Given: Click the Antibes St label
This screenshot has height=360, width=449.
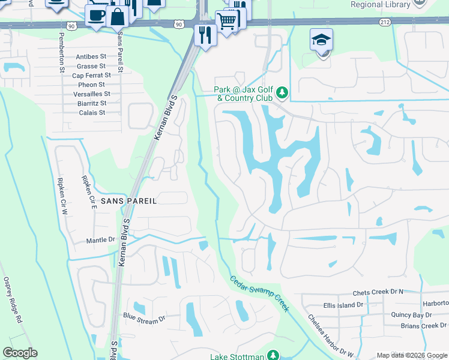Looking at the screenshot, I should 91,57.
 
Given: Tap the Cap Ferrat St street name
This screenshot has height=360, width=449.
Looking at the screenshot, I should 91,76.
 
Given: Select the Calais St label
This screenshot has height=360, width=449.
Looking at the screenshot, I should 92,112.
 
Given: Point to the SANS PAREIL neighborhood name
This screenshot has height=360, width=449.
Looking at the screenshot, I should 128,202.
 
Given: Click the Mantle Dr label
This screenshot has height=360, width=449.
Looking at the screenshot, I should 100,239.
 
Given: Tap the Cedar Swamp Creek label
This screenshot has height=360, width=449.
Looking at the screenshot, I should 259,293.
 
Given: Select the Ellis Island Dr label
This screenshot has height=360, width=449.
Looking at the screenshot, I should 343,305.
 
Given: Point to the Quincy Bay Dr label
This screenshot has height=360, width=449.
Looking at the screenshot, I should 411,314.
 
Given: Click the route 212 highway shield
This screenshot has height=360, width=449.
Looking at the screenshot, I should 385,22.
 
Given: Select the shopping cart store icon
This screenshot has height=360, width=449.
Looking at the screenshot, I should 227,22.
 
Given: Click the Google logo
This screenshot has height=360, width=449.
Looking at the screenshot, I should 20,353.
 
